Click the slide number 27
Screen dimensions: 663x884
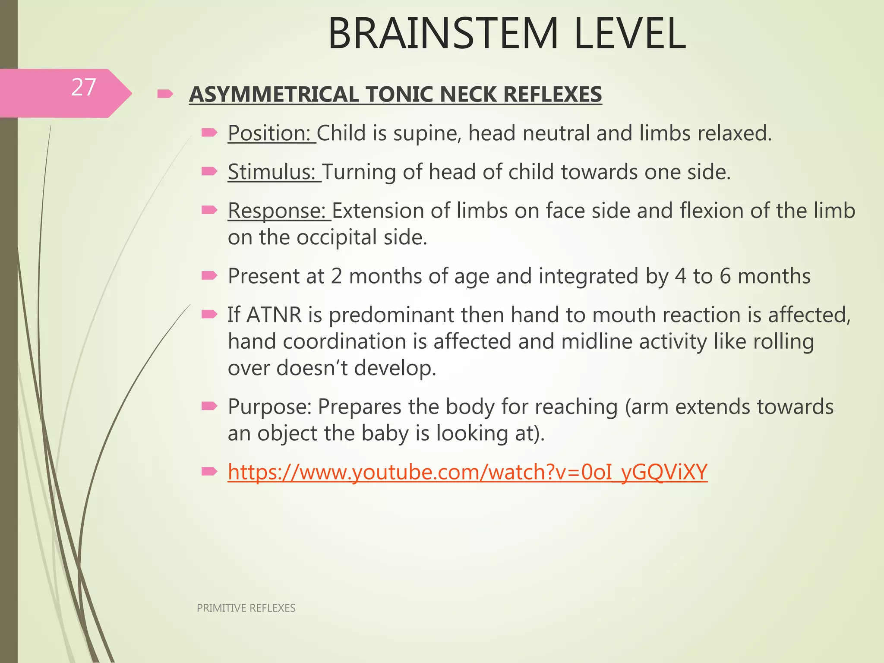click(x=83, y=88)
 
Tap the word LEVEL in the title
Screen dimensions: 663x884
click(x=630, y=34)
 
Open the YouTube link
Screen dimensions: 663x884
click(x=467, y=472)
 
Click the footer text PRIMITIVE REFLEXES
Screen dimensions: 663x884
click(x=246, y=608)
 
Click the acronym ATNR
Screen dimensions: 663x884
click(x=274, y=315)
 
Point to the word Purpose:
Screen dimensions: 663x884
click(x=269, y=407)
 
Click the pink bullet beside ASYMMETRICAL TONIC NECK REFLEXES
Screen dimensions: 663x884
click(x=165, y=94)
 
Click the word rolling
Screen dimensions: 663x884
click(x=783, y=341)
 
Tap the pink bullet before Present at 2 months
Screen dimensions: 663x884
click(x=209, y=275)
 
